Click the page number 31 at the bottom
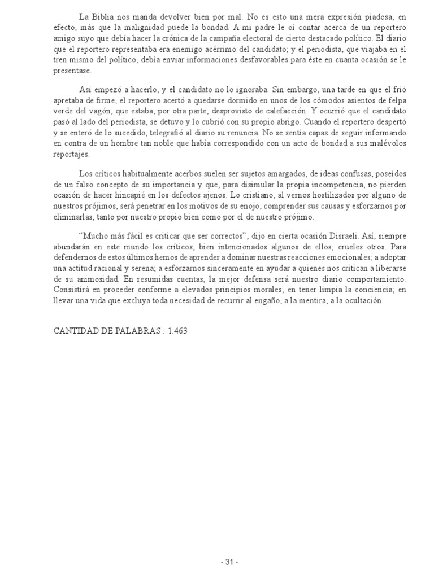point(229,562)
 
